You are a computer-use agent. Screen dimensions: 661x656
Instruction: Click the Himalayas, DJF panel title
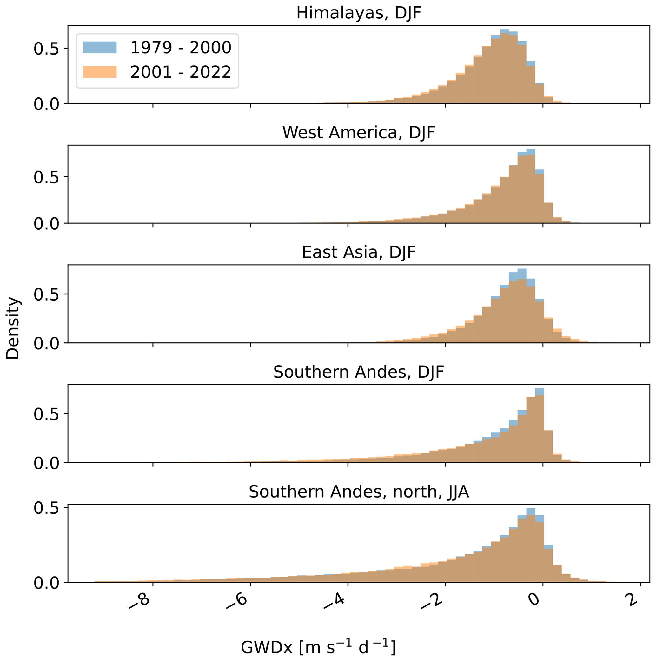point(358,13)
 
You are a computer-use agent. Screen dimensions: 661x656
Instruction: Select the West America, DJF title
point(358,133)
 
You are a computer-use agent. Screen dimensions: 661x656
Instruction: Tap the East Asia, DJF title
point(358,253)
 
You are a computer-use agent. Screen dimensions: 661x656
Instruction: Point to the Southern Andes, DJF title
point(358,372)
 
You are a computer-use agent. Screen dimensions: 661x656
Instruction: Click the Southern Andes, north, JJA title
point(358,492)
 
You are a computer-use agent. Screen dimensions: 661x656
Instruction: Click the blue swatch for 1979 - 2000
point(100,47)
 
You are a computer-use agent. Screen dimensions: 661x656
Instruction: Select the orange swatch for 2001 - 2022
point(100,72)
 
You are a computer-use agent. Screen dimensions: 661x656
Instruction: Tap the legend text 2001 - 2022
point(181,72)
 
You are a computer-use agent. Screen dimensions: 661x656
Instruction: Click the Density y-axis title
point(13,328)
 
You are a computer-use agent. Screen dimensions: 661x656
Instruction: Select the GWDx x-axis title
point(318,647)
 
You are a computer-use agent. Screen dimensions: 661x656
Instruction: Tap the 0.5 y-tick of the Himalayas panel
point(46,49)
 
